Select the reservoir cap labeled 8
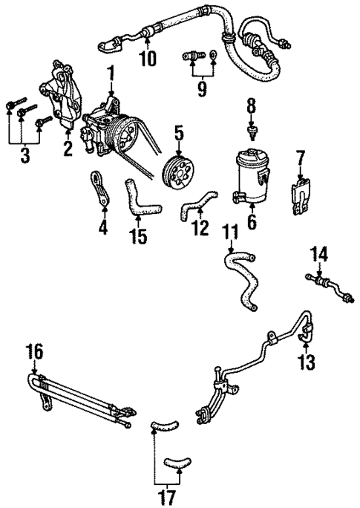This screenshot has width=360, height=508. pyautogui.click(x=252, y=131)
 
